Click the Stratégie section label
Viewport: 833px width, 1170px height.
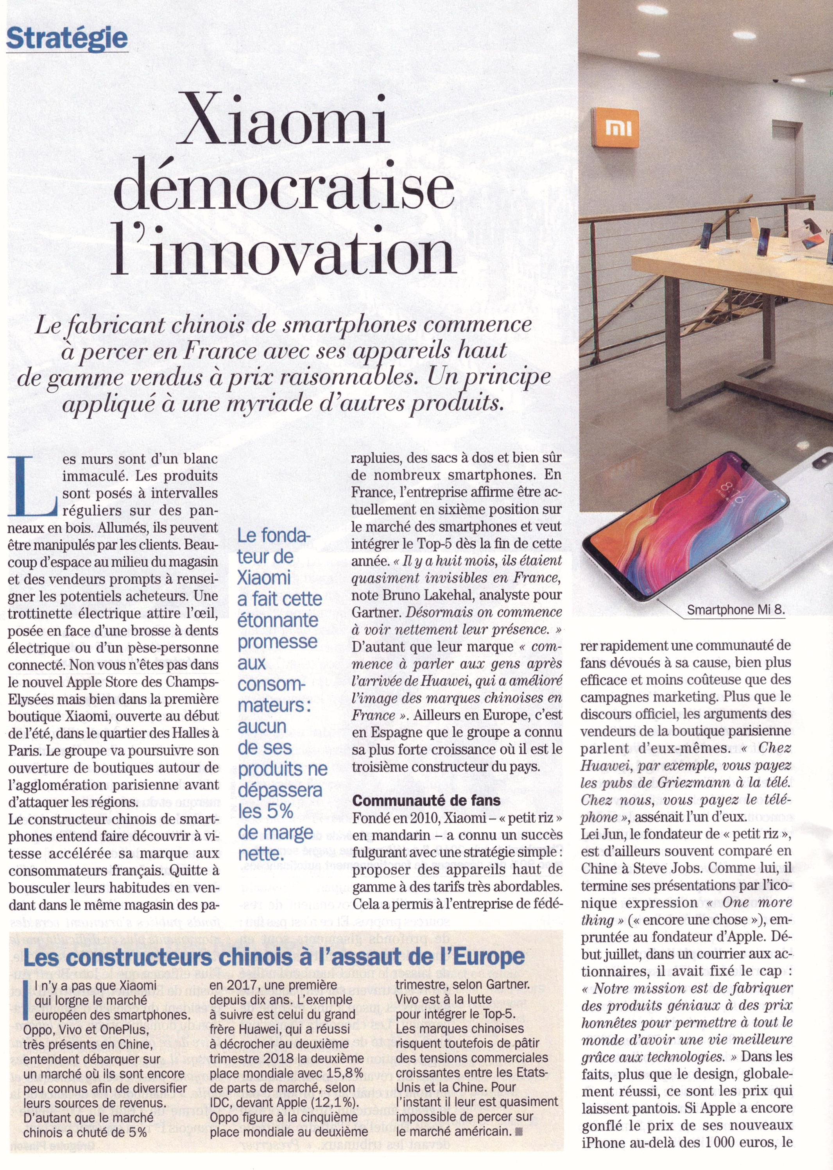pos(67,38)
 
